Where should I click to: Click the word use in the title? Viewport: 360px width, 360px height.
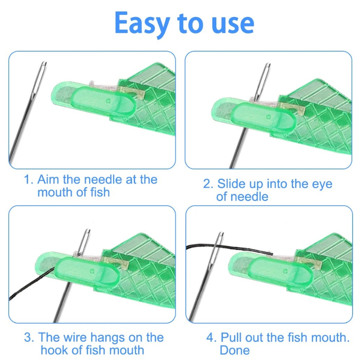pyautogui.click(x=233, y=24)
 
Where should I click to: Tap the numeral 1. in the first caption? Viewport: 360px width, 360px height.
pyautogui.click(x=28, y=180)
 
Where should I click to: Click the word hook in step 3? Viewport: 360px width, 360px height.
pyautogui.click(x=56, y=350)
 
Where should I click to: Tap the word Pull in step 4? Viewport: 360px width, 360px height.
pyautogui.click(x=232, y=337)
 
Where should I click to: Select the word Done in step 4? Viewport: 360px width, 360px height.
pyautogui.click(x=234, y=350)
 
